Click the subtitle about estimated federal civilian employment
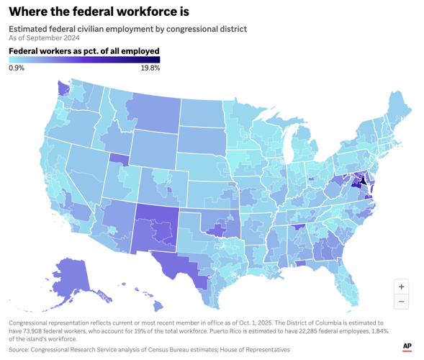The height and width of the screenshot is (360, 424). pos(127,29)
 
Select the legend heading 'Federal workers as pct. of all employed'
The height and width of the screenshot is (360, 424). pos(84,51)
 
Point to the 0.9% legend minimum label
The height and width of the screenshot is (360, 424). pos(17,68)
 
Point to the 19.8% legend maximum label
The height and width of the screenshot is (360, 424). pos(150,68)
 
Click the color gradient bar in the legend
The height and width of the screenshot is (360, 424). pos(84,60)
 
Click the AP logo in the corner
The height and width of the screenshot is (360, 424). pos(407,346)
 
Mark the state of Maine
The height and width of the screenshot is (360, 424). pos(398,115)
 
